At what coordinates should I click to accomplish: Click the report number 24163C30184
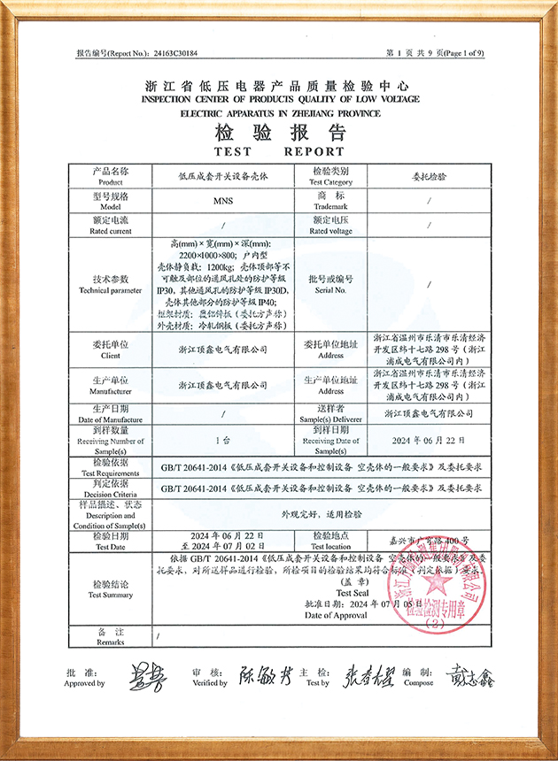tap(174, 53)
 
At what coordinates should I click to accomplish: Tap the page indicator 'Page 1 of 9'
tap(458, 53)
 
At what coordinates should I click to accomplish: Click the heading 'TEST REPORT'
tap(279, 150)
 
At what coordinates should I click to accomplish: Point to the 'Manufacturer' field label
tap(112, 390)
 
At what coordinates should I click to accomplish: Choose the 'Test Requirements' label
tap(112, 473)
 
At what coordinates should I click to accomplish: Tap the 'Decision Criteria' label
tap(112, 494)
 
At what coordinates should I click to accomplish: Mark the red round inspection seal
tap(440, 585)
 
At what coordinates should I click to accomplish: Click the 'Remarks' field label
tap(112, 642)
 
